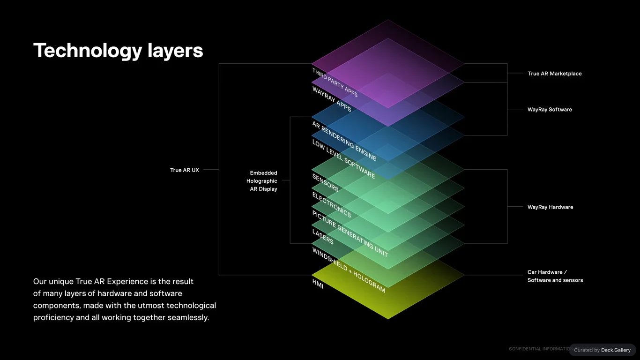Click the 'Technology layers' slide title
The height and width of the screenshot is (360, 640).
pyautogui.click(x=118, y=51)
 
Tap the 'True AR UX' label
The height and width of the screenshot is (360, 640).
pyautogui.click(x=185, y=170)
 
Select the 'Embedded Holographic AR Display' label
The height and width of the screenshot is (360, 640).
pyautogui.click(x=262, y=181)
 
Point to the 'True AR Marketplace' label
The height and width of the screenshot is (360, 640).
pyautogui.click(x=555, y=74)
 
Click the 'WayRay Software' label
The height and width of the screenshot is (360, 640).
pyautogui.click(x=550, y=110)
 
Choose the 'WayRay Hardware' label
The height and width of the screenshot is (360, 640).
pyautogui.click(x=551, y=207)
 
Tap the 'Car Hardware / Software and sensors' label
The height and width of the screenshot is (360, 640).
pyautogui.click(x=555, y=276)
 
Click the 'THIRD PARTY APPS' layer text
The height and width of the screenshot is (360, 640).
pyautogui.click(x=335, y=82)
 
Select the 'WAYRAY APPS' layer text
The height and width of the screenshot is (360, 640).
pyautogui.click(x=332, y=98)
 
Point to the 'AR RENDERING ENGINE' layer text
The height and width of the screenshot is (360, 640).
pyautogui.click(x=344, y=141)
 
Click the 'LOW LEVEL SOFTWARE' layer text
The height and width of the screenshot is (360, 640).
pyautogui.click(x=343, y=159)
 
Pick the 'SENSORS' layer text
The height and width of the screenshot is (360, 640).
pyautogui.click(x=326, y=183)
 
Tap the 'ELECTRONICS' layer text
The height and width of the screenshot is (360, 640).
pyautogui.click(x=332, y=205)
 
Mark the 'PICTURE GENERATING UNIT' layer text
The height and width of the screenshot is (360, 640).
pyautogui.click(x=350, y=234)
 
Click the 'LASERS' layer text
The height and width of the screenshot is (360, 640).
pyautogui.click(x=323, y=237)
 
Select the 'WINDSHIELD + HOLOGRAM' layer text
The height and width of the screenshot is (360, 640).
pyautogui.click(x=349, y=270)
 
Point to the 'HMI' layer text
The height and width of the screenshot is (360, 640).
pyautogui.click(x=318, y=284)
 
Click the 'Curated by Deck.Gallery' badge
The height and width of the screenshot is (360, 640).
pyautogui.click(x=603, y=350)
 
